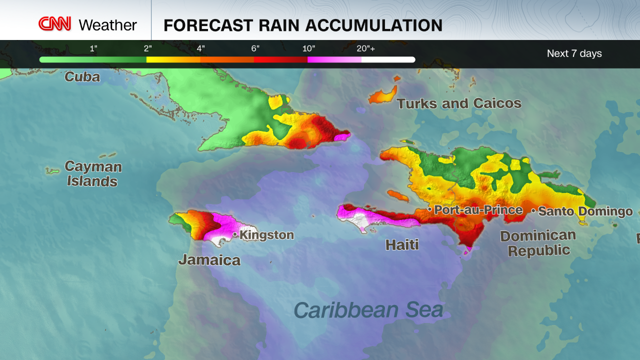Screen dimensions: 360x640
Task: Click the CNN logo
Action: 55,24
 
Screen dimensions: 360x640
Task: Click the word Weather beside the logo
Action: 107,25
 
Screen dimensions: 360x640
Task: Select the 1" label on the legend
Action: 93,48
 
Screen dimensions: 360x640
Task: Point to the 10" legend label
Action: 308,48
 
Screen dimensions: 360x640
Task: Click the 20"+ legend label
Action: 366,48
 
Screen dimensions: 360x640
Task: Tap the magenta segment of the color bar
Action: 334,59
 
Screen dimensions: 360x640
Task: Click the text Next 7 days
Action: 574,53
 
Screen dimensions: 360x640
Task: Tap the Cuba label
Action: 82,77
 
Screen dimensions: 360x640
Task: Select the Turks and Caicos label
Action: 459,103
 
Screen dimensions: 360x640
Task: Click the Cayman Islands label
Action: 93,173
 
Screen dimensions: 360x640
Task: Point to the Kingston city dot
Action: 235,234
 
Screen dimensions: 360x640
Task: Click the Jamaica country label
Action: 209,260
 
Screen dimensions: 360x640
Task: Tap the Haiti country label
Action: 402,244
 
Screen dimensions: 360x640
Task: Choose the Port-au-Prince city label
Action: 478,210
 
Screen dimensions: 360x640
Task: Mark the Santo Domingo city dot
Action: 533,211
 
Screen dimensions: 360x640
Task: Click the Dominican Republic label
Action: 538,242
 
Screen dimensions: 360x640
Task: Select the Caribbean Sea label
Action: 368,310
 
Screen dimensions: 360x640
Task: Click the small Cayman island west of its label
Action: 52,171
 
